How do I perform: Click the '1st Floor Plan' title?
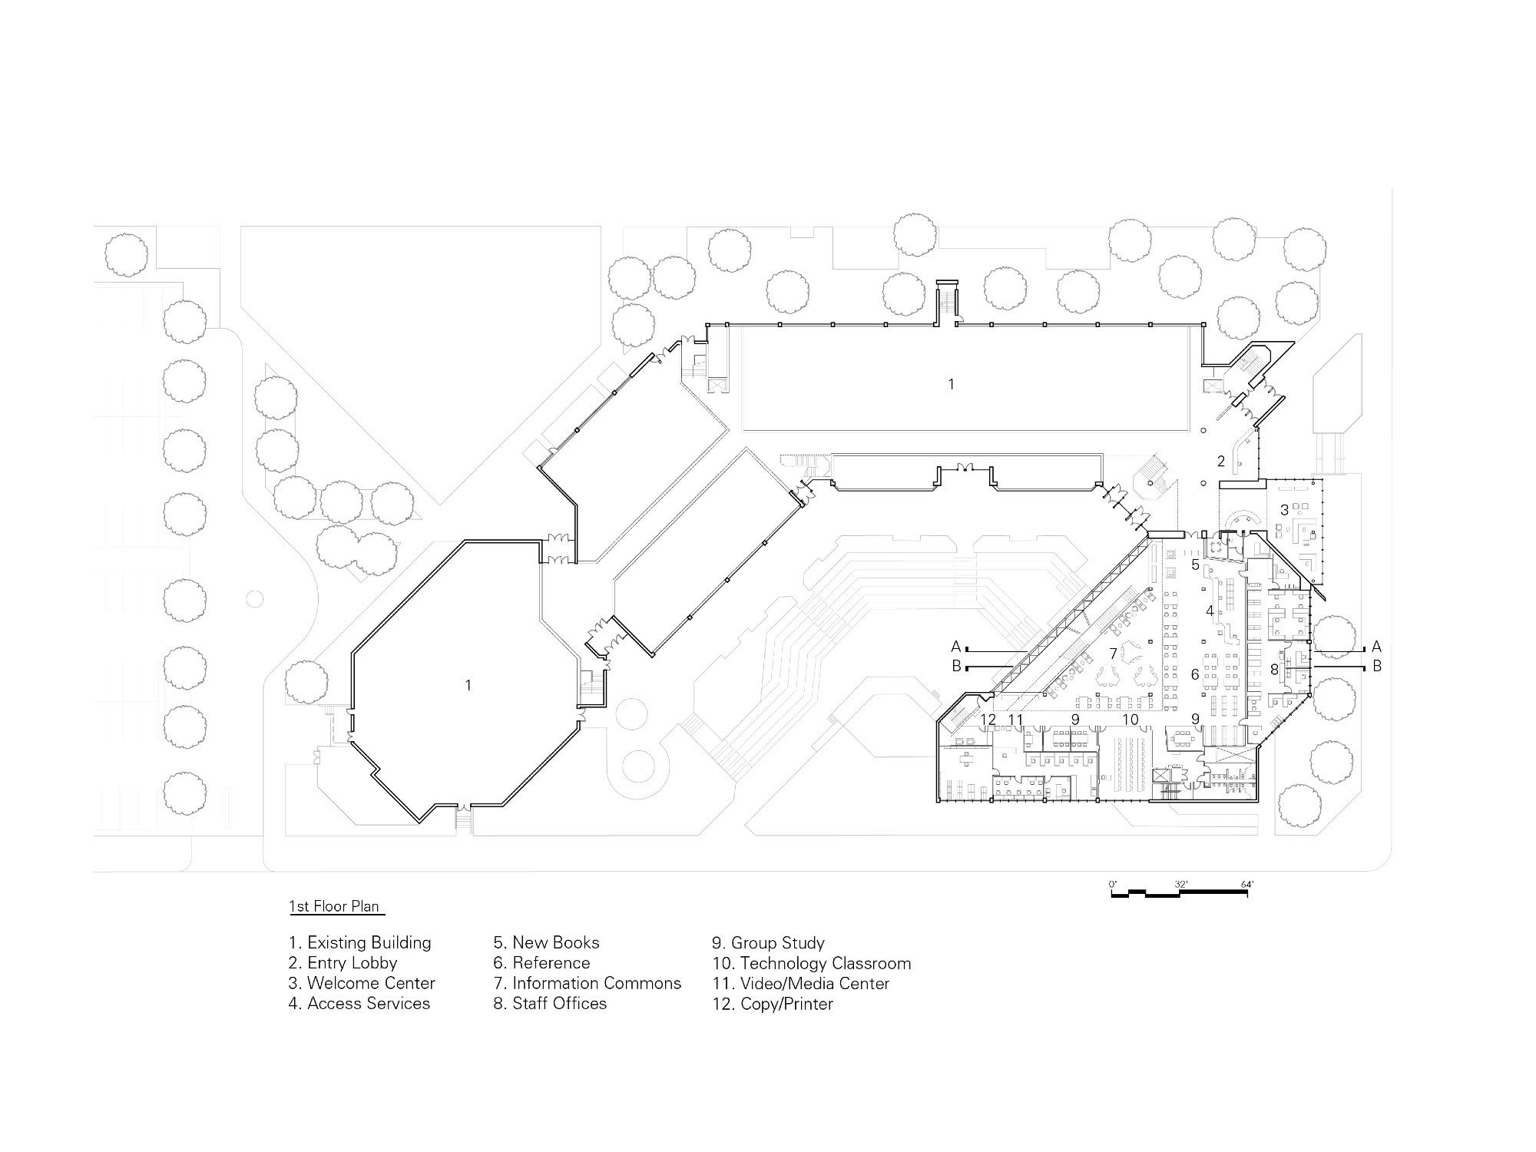click(x=334, y=906)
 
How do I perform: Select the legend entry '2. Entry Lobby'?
click(x=343, y=963)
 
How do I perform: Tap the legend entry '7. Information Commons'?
click(x=588, y=983)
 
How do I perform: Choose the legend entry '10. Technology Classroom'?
click(x=812, y=963)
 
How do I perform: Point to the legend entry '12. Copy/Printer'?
click(x=773, y=1004)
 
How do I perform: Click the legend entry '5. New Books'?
click(x=547, y=942)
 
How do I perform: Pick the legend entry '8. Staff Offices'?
click(x=551, y=1003)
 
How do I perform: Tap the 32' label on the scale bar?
click(x=1181, y=885)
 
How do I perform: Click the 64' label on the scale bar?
click(x=1248, y=885)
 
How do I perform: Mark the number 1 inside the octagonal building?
click(x=468, y=685)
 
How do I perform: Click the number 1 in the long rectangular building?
click(x=951, y=384)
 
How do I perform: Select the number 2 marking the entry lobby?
click(x=1221, y=462)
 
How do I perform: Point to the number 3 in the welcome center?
click(x=1284, y=510)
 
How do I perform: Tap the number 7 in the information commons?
click(x=1113, y=654)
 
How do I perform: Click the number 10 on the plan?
click(x=1130, y=720)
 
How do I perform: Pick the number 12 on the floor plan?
click(x=988, y=720)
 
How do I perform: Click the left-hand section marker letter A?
click(x=956, y=647)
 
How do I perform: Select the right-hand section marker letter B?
click(x=1377, y=666)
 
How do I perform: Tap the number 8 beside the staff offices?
click(x=1275, y=670)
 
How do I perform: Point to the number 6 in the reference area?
click(x=1195, y=674)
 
